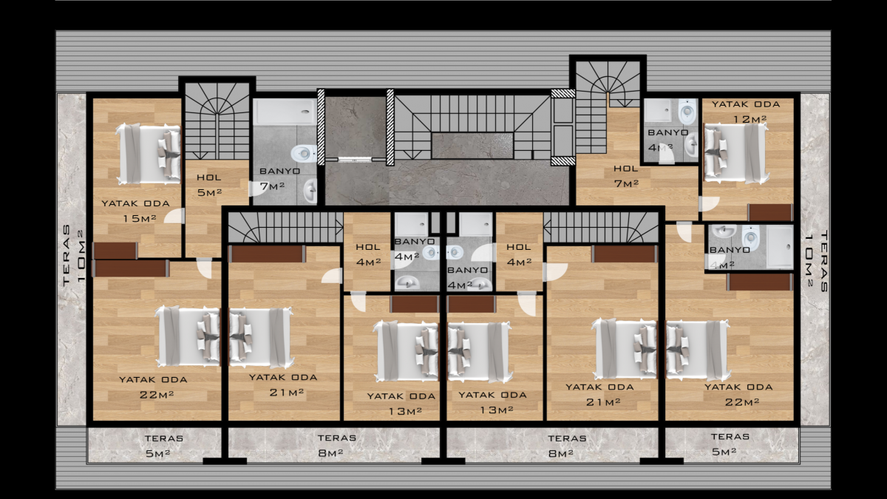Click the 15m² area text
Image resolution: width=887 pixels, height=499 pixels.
click(140, 218)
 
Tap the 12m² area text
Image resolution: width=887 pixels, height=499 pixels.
click(750, 119)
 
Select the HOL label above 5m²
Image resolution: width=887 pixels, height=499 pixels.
click(209, 177)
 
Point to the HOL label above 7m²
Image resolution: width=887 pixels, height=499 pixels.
click(625, 169)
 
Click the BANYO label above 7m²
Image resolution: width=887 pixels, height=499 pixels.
click(279, 171)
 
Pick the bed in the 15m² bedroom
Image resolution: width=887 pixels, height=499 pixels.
click(149, 154)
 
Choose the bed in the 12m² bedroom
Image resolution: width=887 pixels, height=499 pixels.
click(735, 153)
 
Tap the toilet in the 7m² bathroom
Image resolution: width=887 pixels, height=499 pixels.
click(304, 153)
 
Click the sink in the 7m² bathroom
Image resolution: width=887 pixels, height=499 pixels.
click(310, 191)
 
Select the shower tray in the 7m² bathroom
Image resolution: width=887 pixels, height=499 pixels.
click(285, 112)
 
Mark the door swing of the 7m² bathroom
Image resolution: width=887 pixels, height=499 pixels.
click(257, 189)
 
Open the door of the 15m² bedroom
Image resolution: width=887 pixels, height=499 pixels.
click(174, 216)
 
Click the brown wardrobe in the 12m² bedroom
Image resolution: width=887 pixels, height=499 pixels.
click(770, 212)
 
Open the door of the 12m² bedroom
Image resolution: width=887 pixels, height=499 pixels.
click(709, 203)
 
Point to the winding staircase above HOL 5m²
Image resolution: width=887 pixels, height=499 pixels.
click(217, 120)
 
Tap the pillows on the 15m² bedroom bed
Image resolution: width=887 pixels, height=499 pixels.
click(169, 154)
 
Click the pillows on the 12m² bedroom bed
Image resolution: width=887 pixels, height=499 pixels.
click(716, 153)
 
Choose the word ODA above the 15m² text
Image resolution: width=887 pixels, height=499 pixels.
click(157, 203)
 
